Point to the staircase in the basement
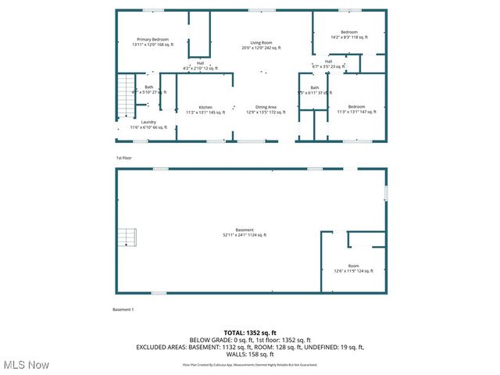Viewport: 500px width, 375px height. click(127, 237)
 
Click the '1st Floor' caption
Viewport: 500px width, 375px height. click(123, 158)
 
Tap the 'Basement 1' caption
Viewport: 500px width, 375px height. click(123, 310)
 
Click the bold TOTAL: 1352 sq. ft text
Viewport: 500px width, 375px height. click(250, 333)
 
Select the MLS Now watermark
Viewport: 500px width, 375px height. click(27, 365)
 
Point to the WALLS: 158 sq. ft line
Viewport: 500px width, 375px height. click(250, 354)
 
